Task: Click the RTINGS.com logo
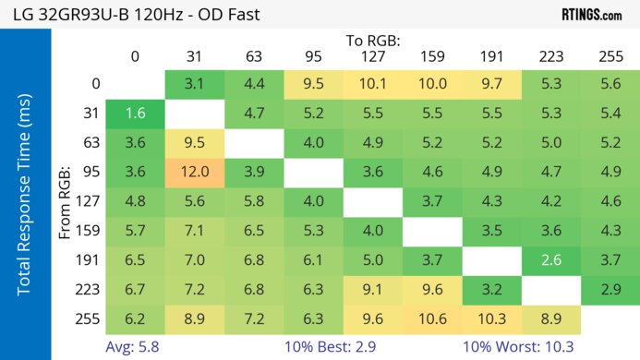(591, 15)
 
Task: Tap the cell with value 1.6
(135, 114)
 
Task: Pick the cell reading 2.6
(551, 260)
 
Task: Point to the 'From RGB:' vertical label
(66, 201)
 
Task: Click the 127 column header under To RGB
(372, 56)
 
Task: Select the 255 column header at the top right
(610, 56)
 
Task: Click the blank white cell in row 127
(372, 201)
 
